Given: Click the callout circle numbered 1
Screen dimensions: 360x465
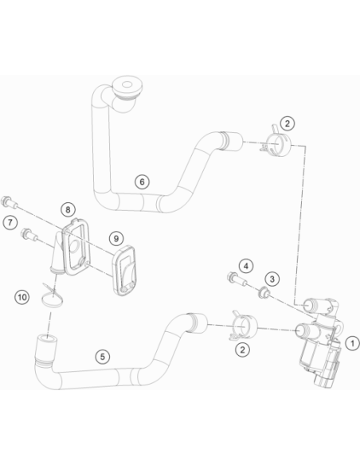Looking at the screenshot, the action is [352, 343].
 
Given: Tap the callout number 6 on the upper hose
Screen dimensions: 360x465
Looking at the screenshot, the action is [142, 182].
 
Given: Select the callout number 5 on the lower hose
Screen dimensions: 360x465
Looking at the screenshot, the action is [103, 357].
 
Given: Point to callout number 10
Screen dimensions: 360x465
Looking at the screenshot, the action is [22, 297].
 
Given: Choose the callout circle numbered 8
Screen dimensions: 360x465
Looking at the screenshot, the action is [68, 209].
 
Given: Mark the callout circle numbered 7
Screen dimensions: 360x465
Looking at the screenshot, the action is [10, 222].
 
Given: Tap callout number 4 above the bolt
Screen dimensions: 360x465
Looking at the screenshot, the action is [246, 266].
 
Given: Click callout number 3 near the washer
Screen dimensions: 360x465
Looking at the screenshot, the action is [272, 279].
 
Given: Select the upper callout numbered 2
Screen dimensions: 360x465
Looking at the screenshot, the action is [287, 123].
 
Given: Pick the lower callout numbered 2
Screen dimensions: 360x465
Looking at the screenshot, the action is [242, 350].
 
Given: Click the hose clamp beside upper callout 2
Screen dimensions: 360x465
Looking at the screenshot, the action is [276, 143].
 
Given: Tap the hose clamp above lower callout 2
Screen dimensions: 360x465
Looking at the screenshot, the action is [244, 326].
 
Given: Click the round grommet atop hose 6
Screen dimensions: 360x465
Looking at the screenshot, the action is [127, 88].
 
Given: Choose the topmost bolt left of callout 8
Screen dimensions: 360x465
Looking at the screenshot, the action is [9, 202].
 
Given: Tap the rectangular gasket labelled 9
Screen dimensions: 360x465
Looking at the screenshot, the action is [125, 271].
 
